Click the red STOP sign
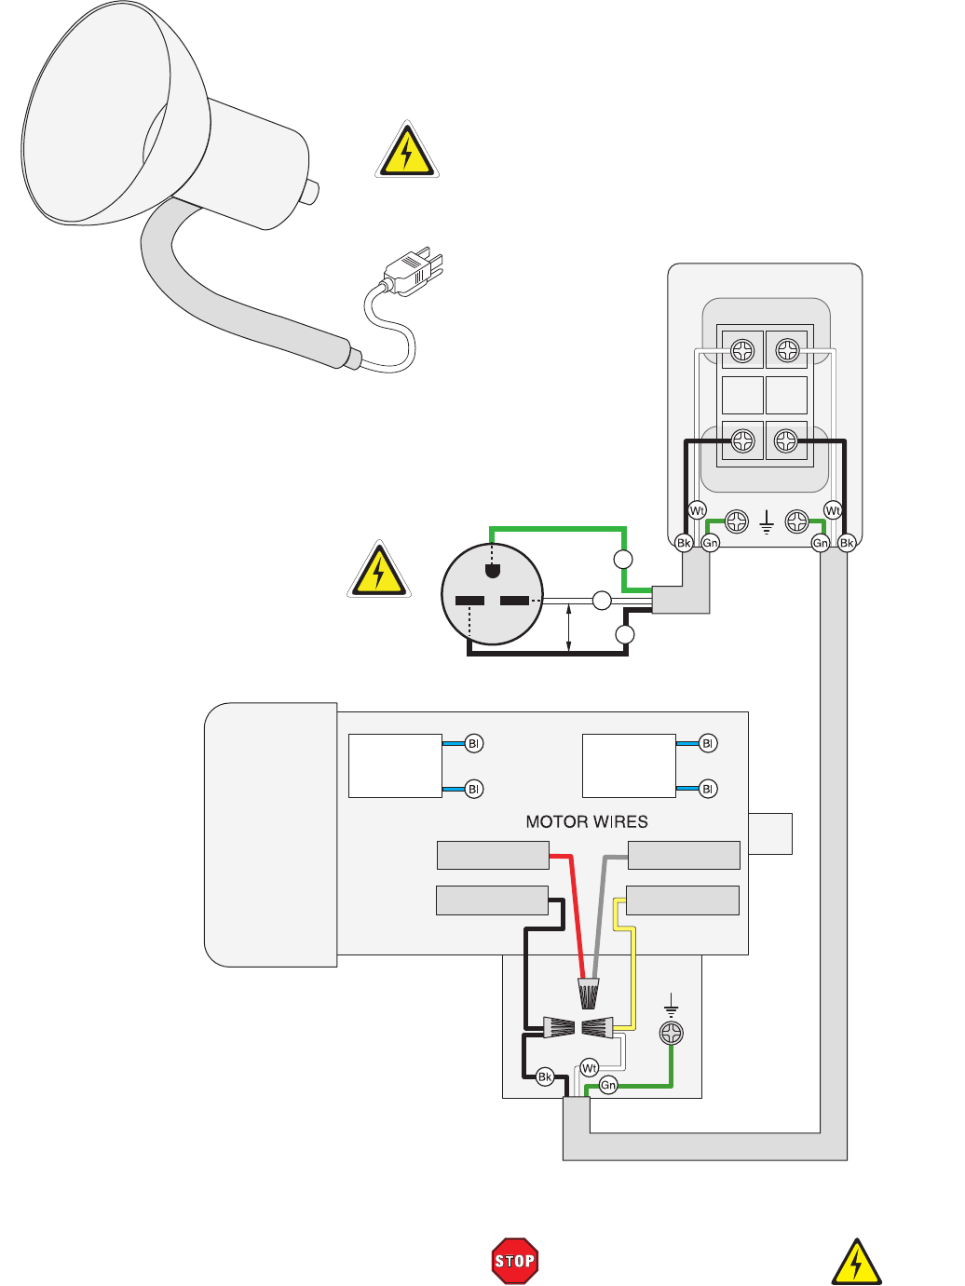pyautogui.click(x=514, y=1261)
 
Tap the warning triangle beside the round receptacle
pyautogui.click(x=378, y=570)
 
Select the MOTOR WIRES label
pyautogui.click(x=587, y=821)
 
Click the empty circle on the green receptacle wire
pyautogui.click(x=623, y=560)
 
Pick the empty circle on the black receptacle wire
pyautogui.click(x=625, y=635)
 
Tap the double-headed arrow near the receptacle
pyautogui.click(x=568, y=626)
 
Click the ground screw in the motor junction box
pyautogui.click(x=671, y=1033)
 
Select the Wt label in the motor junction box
pyautogui.click(x=589, y=1068)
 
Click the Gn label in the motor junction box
pyautogui.click(x=608, y=1085)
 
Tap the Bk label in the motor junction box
pyautogui.click(x=545, y=1077)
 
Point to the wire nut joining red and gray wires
pyautogui.click(x=588, y=995)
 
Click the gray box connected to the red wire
pyautogui.click(x=493, y=855)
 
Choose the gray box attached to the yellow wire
pyautogui.click(x=682, y=900)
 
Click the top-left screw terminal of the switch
pyautogui.click(x=742, y=351)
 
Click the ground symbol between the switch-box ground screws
pyautogui.click(x=766, y=521)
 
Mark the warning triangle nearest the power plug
pyautogui.click(x=407, y=151)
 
